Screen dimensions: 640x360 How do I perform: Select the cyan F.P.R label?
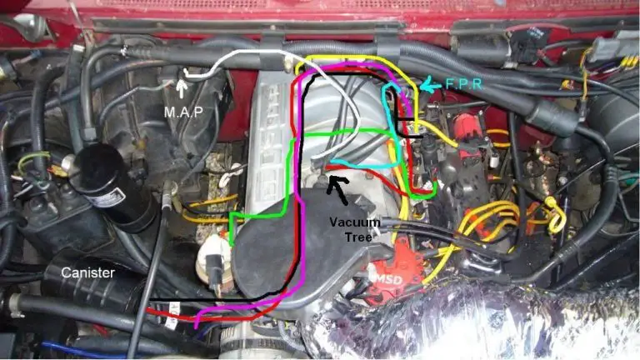[x=459, y=83]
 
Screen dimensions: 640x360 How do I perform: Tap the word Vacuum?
[x=354, y=222]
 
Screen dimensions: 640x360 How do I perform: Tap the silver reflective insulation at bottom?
[x=467, y=325]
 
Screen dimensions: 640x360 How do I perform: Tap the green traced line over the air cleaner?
[x=258, y=215]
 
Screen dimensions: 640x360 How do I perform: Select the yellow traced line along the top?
[x=350, y=57]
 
